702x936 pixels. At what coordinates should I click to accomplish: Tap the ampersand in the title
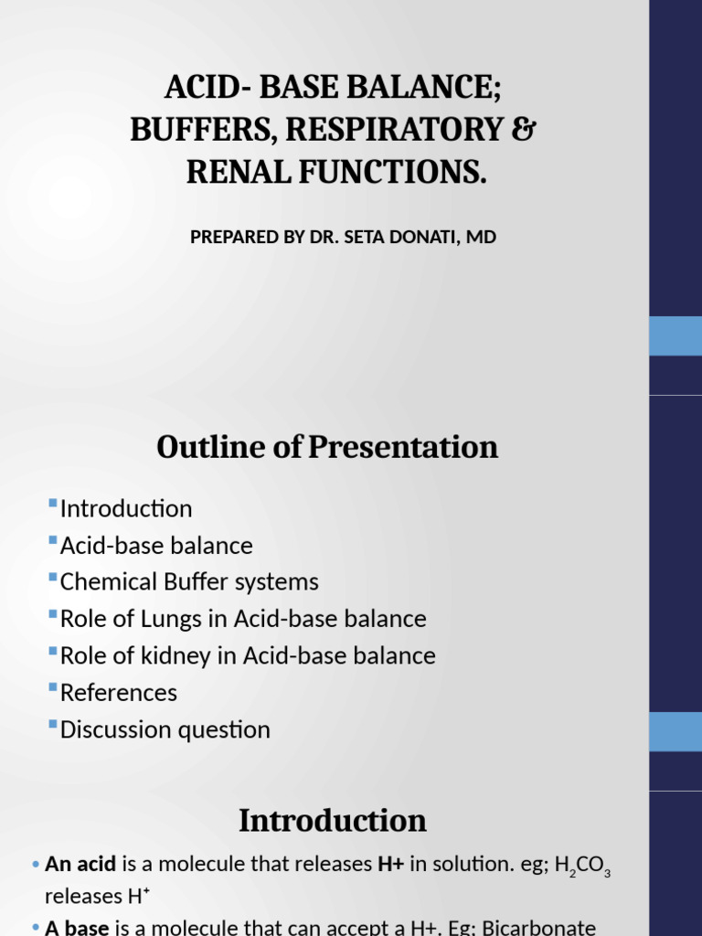click(x=523, y=130)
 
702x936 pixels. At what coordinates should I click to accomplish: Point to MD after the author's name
click(x=483, y=238)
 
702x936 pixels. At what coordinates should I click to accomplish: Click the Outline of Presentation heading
click(x=327, y=447)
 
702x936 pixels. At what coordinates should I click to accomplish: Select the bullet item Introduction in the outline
click(x=126, y=508)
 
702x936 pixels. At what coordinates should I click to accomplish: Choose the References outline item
click(x=119, y=693)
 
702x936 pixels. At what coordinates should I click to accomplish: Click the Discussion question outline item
click(x=165, y=729)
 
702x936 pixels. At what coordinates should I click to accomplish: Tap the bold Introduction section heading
click(x=333, y=821)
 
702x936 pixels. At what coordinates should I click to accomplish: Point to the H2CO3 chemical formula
click(x=580, y=866)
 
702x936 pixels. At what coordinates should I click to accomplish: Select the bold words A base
click(x=77, y=927)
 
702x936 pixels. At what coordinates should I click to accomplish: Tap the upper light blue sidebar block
click(x=675, y=335)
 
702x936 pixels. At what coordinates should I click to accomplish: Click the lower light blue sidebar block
click(x=675, y=732)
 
